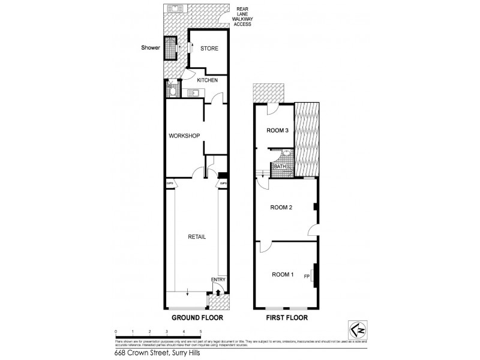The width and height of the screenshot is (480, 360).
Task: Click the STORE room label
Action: pyautogui.click(x=209, y=49)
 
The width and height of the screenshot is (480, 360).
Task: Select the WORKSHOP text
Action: pyautogui.click(x=184, y=136)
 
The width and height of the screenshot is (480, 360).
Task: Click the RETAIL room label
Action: pyautogui.click(x=196, y=237)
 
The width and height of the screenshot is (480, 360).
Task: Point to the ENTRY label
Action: pyautogui.click(x=218, y=280)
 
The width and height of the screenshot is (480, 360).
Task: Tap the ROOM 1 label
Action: pyautogui.click(x=283, y=275)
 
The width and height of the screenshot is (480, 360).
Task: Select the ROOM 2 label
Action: pyautogui.click(x=281, y=208)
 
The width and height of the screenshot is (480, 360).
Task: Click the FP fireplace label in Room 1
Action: pyautogui.click(x=307, y=276)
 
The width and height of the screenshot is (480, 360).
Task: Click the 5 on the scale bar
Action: pyautogui.click(x=200, y=331)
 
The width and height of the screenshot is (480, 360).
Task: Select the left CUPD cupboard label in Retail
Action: pyautogui.click(x=170, y=184)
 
